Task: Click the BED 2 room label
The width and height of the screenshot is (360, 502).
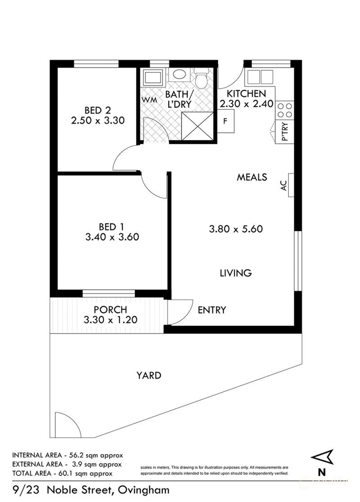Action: point(98,110)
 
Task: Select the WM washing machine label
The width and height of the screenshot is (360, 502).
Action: point(149,100)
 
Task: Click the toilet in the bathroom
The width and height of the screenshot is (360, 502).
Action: point(201,79)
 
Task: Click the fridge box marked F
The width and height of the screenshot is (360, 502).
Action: point(226,121)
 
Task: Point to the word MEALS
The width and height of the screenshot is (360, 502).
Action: point(252,177)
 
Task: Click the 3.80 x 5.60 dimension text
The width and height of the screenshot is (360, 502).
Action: point(236,229)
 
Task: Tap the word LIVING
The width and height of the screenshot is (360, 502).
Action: point(235,273)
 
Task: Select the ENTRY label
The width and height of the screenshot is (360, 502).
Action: point(211,310)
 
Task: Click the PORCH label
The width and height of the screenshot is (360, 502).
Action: point(110,310)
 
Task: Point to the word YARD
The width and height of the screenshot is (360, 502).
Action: point(149,375)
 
